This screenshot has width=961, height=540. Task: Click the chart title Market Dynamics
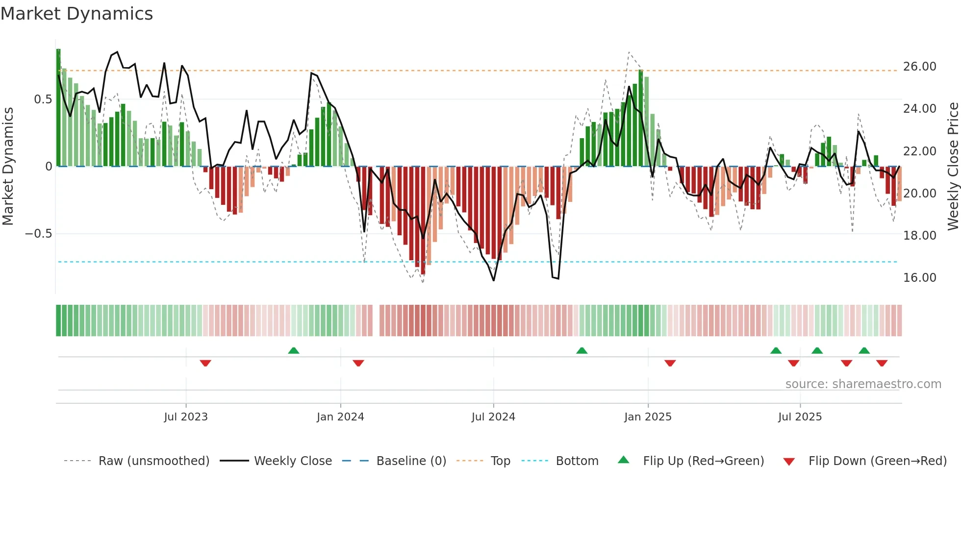pyautogui.click(x=76, y=14)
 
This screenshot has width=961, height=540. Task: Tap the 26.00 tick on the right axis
pyautogui.click(x=919, y=67)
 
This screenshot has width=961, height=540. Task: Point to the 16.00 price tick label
pyautogui.click(x=919, y=278)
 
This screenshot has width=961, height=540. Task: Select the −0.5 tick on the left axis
pyautogui.click(x=38, y=234)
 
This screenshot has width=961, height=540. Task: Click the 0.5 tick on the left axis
pyautogui.click(x=43, y=99)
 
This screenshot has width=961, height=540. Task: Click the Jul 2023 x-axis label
pyautogui.click(x=186, y=417)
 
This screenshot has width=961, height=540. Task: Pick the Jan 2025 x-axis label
pyautogui.click(x=648, y=417)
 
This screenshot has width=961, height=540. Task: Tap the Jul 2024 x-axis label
pyautogui.click(x=493, y=417)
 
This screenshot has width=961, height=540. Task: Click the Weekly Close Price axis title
pyautogui.click(x=953, y=166)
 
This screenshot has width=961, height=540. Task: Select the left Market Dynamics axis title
pyautogui.click(x=8, y=166)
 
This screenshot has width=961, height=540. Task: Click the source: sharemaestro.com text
pyautogui.click(x=863, y=384)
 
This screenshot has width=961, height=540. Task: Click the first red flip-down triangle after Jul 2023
pyautogui.click(x=205, y=363)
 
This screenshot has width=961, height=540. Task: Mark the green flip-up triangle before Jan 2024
pyautogui.click(x=294, y=350)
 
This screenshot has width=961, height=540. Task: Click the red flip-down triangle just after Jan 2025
pyautogui.click(x=670, y=363)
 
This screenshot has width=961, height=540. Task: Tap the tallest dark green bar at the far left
pyautogui.click(x=58, y=108)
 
